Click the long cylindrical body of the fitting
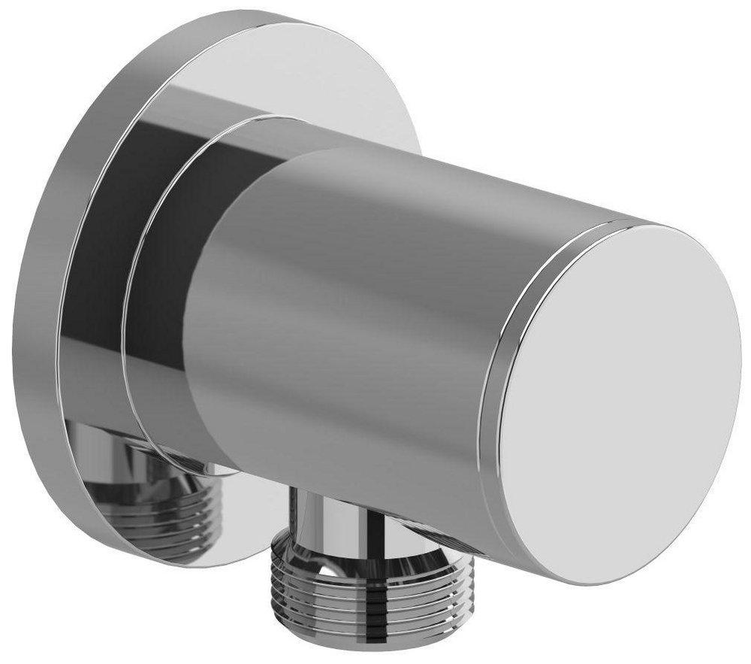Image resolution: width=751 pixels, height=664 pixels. click(x=360, y=316)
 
